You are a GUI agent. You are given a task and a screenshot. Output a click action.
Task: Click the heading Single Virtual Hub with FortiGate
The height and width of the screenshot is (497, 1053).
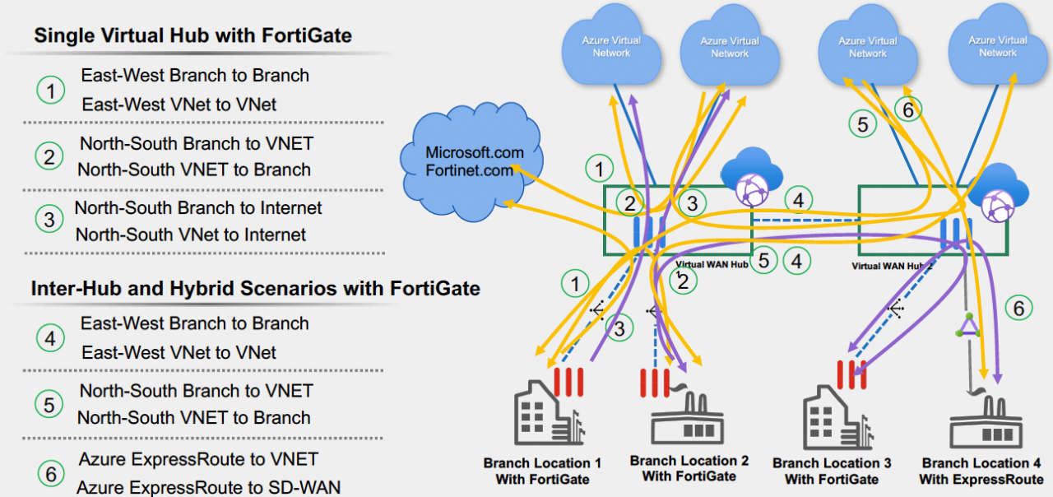point(193,35)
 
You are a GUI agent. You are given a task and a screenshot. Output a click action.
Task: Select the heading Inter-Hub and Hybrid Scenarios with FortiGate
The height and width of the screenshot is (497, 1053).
point(255,289)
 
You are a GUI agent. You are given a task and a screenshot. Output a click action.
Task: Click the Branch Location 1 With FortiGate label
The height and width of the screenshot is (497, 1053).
point(536,471)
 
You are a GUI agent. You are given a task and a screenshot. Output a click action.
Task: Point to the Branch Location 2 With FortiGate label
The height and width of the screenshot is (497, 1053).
point(689,469)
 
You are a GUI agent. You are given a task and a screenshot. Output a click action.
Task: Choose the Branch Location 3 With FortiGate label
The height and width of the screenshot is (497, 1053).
point(832,471)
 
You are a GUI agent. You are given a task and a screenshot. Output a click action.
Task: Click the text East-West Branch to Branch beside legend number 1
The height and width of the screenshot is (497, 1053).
point(195,76)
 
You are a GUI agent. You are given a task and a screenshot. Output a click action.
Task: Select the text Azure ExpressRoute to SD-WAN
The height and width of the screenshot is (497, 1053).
point(208,487)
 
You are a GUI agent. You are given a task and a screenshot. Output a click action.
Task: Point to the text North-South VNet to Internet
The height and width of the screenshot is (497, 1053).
point(191,235)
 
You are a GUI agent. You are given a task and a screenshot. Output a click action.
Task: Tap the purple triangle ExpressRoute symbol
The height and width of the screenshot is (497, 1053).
point(968,325)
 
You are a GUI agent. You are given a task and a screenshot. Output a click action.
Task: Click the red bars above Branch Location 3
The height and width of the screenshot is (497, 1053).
point(849,374)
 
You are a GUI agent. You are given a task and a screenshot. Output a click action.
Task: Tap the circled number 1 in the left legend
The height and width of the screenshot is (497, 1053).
point(50,91)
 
